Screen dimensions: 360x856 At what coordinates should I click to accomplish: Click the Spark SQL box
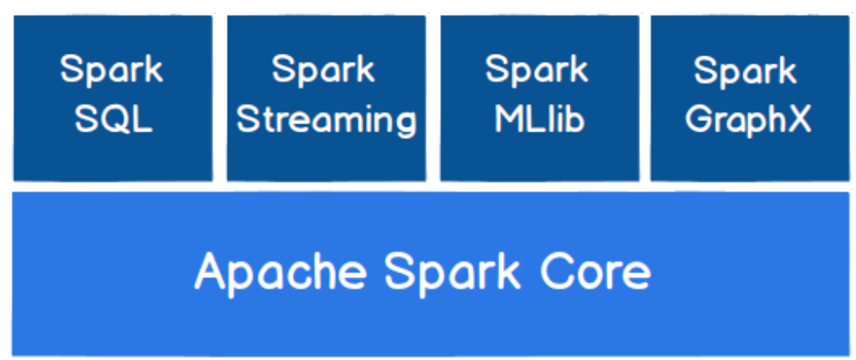113,98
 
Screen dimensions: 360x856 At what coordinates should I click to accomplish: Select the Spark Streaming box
326,98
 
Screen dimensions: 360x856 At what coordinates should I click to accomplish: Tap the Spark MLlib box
539,98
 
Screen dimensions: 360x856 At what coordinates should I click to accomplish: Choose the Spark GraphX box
749,98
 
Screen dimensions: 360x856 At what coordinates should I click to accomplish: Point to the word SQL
113,120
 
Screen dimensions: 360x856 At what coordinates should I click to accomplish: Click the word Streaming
326,120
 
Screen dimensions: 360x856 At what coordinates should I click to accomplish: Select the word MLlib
539,120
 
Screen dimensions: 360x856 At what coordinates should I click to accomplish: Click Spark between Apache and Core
446,272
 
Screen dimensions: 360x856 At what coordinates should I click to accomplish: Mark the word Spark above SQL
113,71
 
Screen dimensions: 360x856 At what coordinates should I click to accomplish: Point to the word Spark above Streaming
325,71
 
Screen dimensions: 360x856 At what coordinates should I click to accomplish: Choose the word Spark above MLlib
537,71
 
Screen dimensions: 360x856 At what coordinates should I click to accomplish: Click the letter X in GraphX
799,120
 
